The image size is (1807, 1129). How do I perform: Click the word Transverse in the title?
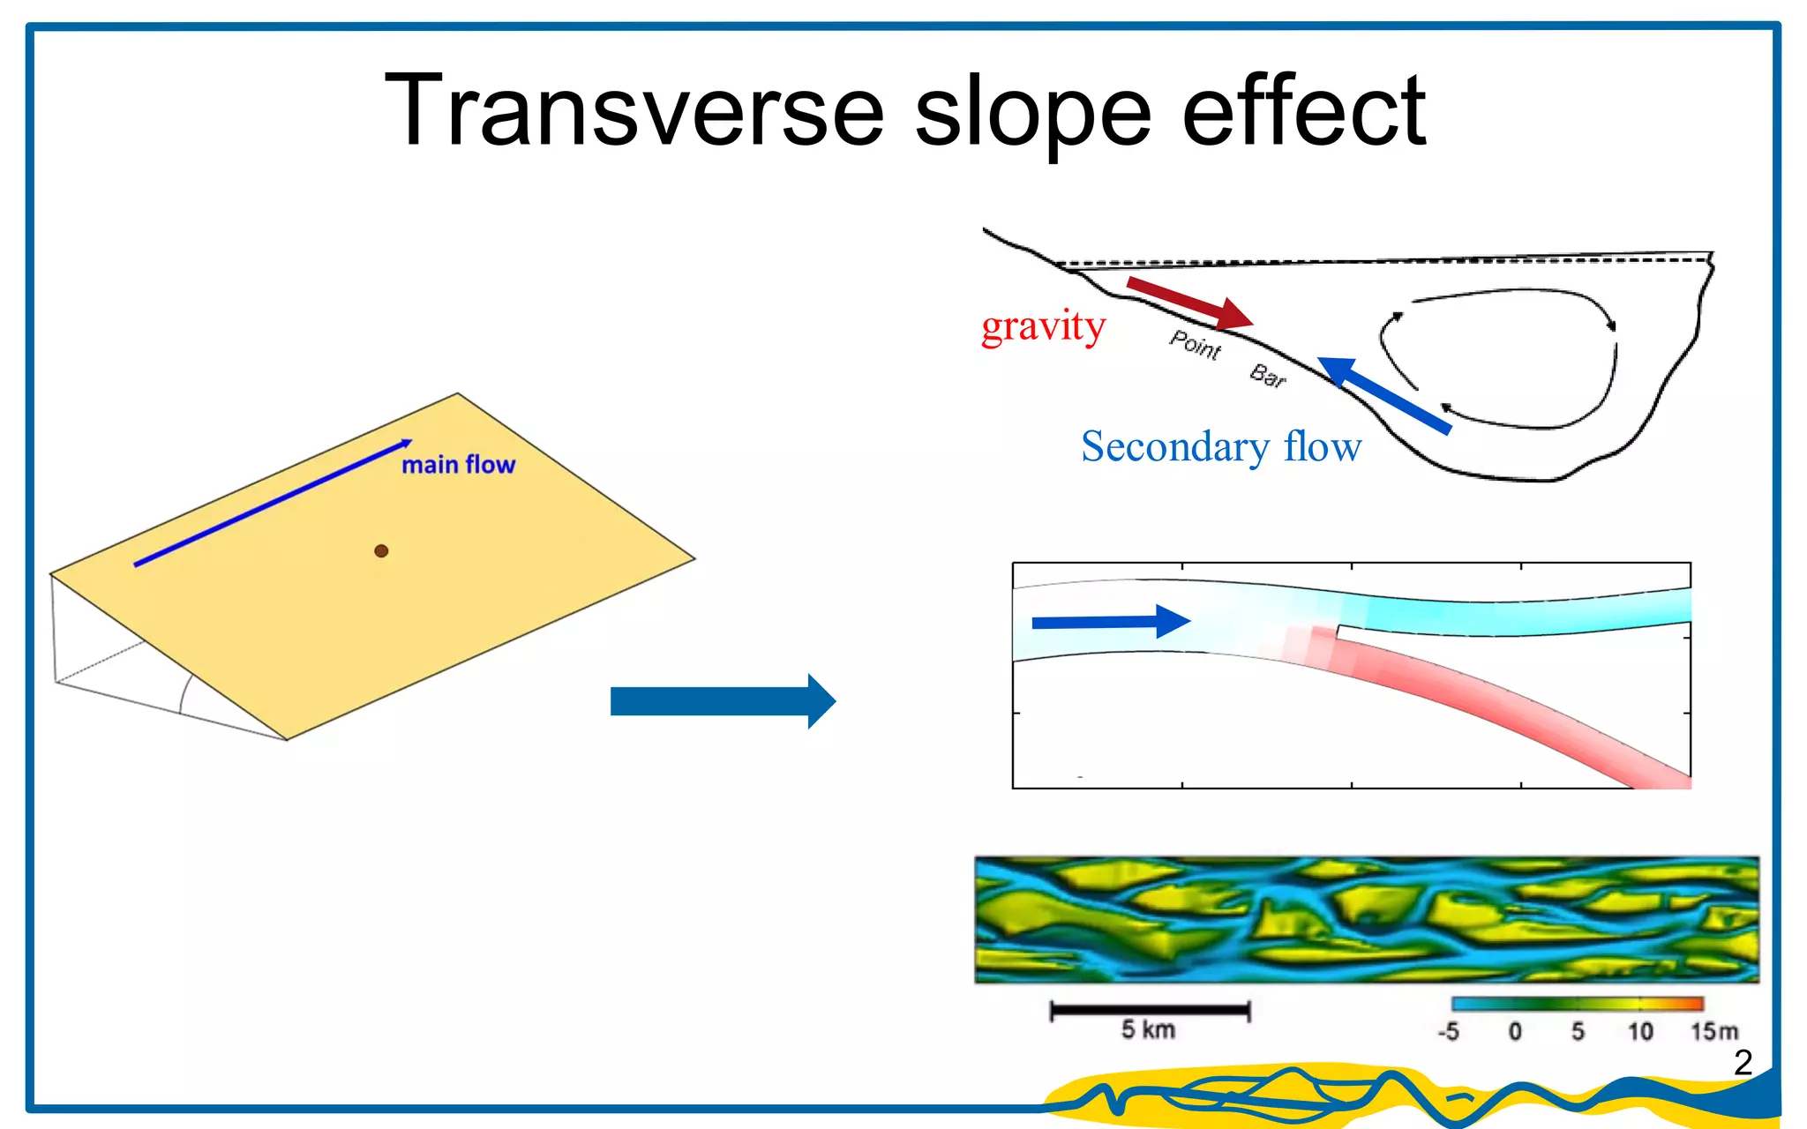pos(634,111)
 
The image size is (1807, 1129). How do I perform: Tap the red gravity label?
pos(1043,327)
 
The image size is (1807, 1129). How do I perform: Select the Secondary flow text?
pos(1221,446)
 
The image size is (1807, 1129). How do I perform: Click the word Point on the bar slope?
pos(1195,344)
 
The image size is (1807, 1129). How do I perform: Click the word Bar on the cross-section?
pos(1268,376)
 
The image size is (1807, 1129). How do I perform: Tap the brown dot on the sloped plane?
pos(381,551)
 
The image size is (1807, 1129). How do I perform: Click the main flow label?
pos(458,465)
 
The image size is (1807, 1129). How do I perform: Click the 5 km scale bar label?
pos(1148,1029)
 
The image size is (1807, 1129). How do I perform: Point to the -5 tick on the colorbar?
pos(1449,1031)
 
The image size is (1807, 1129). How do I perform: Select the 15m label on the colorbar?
pos(1713,1031)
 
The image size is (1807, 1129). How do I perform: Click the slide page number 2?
pos(1743,1063)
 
